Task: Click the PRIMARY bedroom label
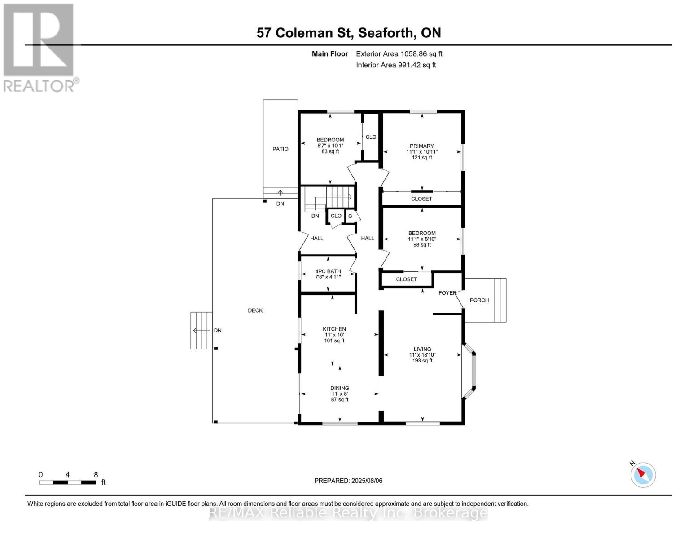pyautogui.click(x=421, y=146)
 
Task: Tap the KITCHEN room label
pyautogui.click(x=334, y=329)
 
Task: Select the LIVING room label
pyautogui.click(x=422, y=349)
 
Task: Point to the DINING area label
pyautogui.click(x=340, y=388)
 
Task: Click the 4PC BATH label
pyautogui.click(x=328, y=271)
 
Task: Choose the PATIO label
pyautogui.click(x=281, y=149)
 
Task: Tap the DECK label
pyautogui.click(x=255, y=310)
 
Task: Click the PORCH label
pyautogui.click(x=479, y=300)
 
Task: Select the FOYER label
pyautogui.click(x=447, y=293)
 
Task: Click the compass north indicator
pyautogui.click(x=643, y=474)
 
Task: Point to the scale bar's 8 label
pyautogui.click(x=96, y=475)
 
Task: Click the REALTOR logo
pyautogui.click(x=39, y=47)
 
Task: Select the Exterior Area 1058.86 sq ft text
pyautogui.click(x=399, y=54)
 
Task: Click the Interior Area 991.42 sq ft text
pyautogui.click(x=396, y=65)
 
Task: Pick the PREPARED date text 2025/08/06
pyautogui.click(x=348, y=481)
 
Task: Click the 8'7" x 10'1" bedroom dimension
pyautogui.click(x=330, y=146)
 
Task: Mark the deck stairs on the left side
pyautogui.click(x=201, y=331)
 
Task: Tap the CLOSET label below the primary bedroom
pyautogui.click(x=421, y=199)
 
